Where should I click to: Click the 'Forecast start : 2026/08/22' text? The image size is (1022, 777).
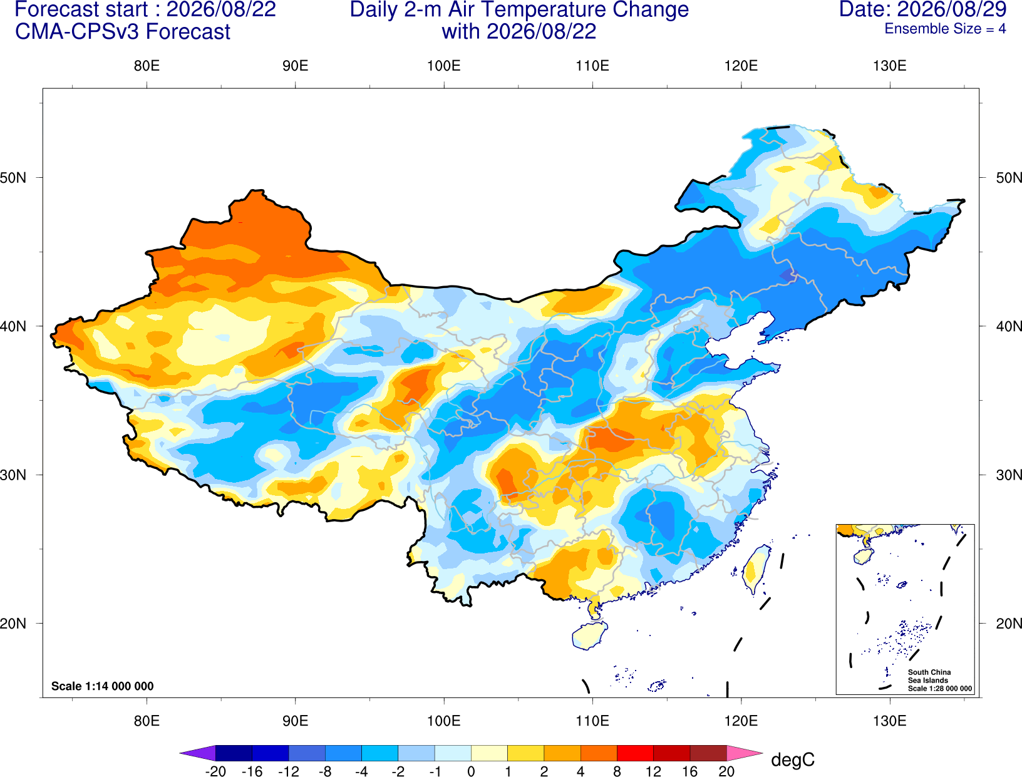[x=145, y=9]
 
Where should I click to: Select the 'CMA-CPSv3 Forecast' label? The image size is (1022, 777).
[x=123, y=32]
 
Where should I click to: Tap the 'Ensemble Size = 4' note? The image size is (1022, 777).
[x=945, y=29]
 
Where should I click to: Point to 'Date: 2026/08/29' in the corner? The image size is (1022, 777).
[x=923, y=9]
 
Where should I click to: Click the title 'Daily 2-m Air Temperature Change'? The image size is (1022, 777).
[x=519, y=9]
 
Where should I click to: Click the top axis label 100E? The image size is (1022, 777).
[x=444, y=66]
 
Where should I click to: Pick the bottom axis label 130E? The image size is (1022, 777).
[x=890, y=721]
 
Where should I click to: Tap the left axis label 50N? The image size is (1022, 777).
[x=13, y=177]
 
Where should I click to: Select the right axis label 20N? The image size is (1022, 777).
[x=1009, y=624]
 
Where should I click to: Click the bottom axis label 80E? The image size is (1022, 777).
[x=147, y=721]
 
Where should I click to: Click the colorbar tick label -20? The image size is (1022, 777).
[x=215, y=771]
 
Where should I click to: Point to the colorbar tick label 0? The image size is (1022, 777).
[x=471, y=771]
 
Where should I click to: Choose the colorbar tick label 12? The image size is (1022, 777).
[x=653, y=771]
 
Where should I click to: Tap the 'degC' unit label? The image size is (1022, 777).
[x=793, y=759]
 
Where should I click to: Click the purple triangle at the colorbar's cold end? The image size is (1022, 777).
[x=200, y=753]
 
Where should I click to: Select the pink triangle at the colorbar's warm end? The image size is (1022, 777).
[x=743, y=753]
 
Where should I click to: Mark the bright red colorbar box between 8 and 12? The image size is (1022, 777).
[x=635, y=753]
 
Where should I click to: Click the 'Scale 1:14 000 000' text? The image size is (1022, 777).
[x=103, y=686]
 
